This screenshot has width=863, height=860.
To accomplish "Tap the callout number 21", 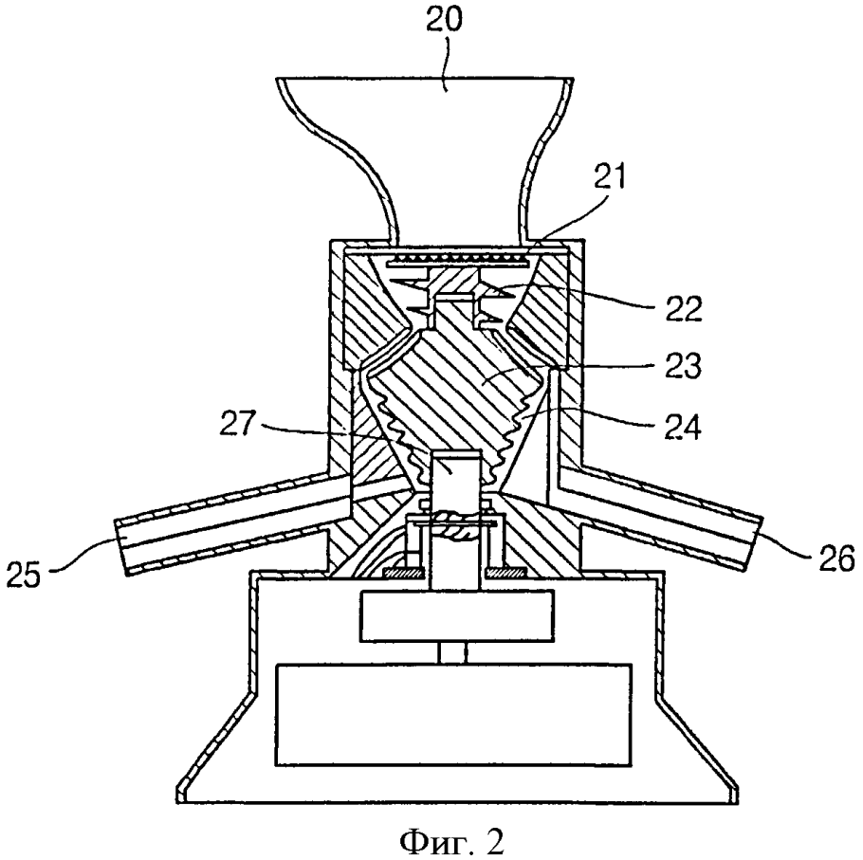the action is [x=609, y=177].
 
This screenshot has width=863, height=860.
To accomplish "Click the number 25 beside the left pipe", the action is [x=26, y=575].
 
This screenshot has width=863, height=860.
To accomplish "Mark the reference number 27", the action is [x=239, y=424].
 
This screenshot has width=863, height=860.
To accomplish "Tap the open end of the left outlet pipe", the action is [x=121, y=547].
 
